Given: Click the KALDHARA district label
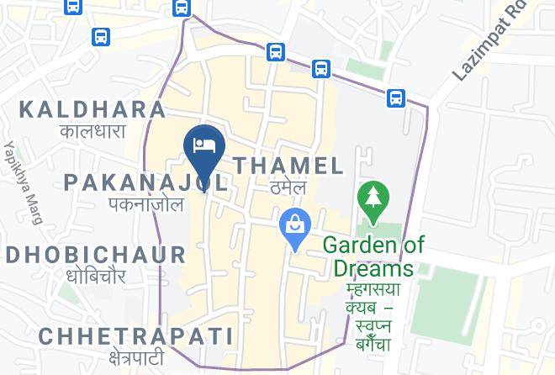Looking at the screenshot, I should coord(92,109).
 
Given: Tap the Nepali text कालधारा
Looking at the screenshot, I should coord(92,131).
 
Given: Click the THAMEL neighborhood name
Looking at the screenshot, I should coord(289,166).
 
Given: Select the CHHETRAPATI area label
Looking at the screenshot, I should coord(135,336).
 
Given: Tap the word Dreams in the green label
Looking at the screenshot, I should coord(373,268).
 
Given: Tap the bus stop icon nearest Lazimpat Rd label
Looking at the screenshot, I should coord(396,98).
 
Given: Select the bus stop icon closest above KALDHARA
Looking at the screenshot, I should coord(101,37).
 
